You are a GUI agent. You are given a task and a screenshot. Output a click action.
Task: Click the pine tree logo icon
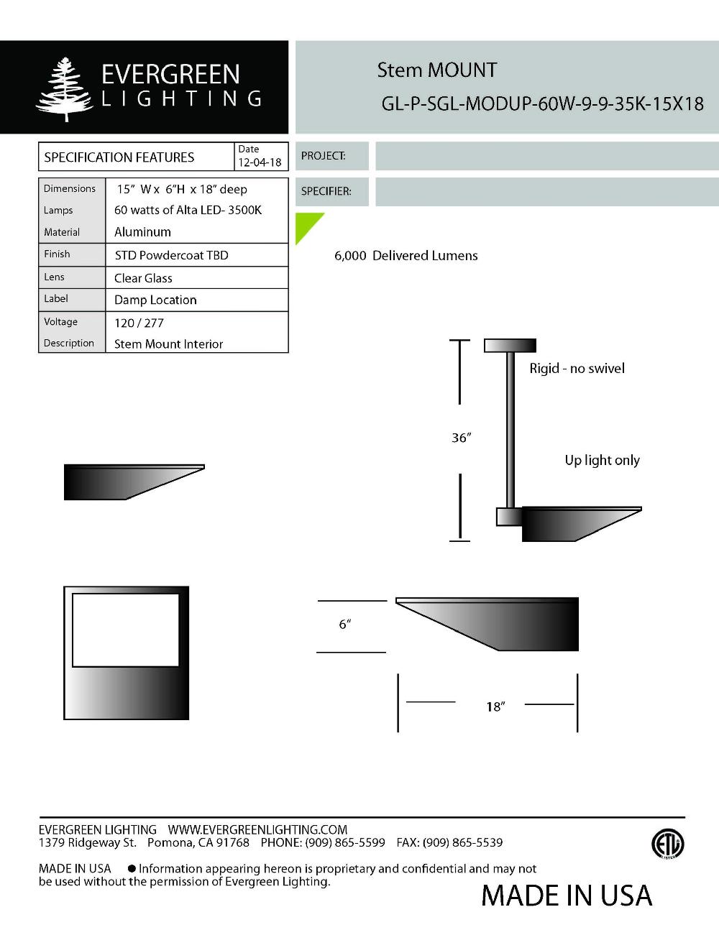(65, 88)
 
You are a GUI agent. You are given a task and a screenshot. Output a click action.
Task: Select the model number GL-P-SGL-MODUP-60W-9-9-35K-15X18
(542, 103)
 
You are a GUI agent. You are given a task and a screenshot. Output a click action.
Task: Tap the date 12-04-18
(260, 162)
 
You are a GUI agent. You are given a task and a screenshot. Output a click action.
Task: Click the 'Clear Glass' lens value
(143, 278)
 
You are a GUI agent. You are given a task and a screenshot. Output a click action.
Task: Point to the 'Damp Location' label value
(155, 300)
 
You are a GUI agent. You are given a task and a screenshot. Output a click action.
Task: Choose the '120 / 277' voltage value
(139, 323)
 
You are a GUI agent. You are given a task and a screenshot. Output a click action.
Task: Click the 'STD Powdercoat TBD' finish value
(171, 255)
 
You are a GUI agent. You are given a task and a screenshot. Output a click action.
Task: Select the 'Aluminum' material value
(142, 232)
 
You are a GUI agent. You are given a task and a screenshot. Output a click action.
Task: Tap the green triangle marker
(306, 224)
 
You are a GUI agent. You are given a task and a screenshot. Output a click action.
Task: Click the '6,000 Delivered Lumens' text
(406, 256)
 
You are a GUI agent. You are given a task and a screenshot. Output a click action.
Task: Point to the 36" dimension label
(461, 438)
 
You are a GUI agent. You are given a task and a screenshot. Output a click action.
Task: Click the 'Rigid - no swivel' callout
(577, 368)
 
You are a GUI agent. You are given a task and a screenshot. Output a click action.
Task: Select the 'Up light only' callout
(602, 460)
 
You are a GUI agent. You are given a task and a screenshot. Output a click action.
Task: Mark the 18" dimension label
(495, 706)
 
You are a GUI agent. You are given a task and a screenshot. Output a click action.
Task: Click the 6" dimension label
(344, 625)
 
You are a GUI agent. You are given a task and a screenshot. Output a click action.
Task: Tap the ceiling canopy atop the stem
(510, 346)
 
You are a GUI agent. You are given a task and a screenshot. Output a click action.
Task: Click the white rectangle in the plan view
(126, 630)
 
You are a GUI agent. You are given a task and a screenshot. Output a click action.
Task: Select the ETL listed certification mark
(667, 844)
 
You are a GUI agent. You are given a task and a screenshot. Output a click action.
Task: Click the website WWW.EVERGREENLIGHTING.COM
(257, 829)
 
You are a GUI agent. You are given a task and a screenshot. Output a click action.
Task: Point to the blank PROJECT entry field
(546, 156)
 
